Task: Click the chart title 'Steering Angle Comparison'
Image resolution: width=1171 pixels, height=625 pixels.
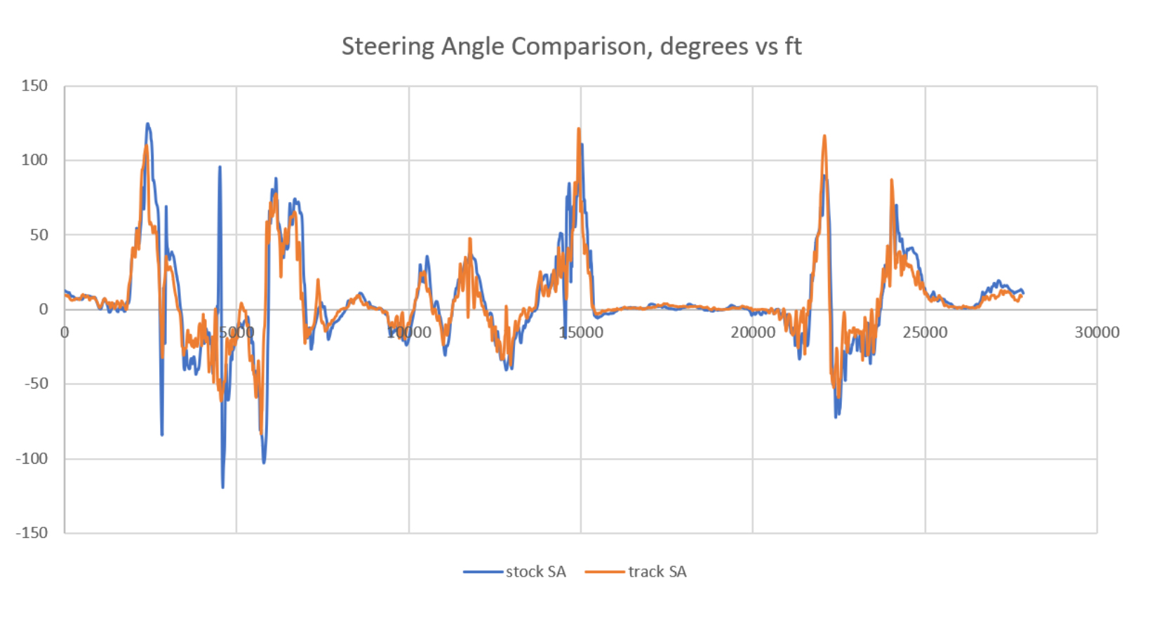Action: point(571,46)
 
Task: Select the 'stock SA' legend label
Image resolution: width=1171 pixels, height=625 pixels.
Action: point(535,572)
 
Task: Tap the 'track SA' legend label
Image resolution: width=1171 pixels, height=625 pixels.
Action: point(657,572)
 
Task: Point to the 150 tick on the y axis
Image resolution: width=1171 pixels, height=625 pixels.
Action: point(34,86)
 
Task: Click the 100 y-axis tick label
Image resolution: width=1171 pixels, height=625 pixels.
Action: point(34,160)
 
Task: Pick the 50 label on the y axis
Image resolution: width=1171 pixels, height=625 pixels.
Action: point(39,235)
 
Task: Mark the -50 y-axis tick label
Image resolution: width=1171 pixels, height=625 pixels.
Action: point(36,384)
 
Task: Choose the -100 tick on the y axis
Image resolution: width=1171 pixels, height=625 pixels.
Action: point(32,459)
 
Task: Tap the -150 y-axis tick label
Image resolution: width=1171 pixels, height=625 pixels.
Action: point(32,533)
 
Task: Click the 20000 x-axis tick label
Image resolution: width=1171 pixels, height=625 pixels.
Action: point(752,332)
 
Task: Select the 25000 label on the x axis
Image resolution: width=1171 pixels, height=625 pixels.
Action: point(925,332)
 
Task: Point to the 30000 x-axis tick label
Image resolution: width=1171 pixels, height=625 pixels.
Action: point(1097,332)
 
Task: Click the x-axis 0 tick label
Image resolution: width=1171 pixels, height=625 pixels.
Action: point(65,332)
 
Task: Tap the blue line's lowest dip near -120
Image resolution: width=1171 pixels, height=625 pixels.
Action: point(223,487)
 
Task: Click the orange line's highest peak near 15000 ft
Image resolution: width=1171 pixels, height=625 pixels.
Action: point(579,129)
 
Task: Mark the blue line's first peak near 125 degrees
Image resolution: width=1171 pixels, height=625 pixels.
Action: point(147,124)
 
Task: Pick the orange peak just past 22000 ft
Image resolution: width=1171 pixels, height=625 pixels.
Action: point(824,136)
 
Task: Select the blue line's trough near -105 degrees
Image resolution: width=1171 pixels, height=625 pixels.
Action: point(264,462)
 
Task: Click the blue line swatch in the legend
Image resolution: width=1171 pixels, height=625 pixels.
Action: point(483,572)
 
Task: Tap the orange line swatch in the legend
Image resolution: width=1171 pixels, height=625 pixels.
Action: point(605,572)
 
